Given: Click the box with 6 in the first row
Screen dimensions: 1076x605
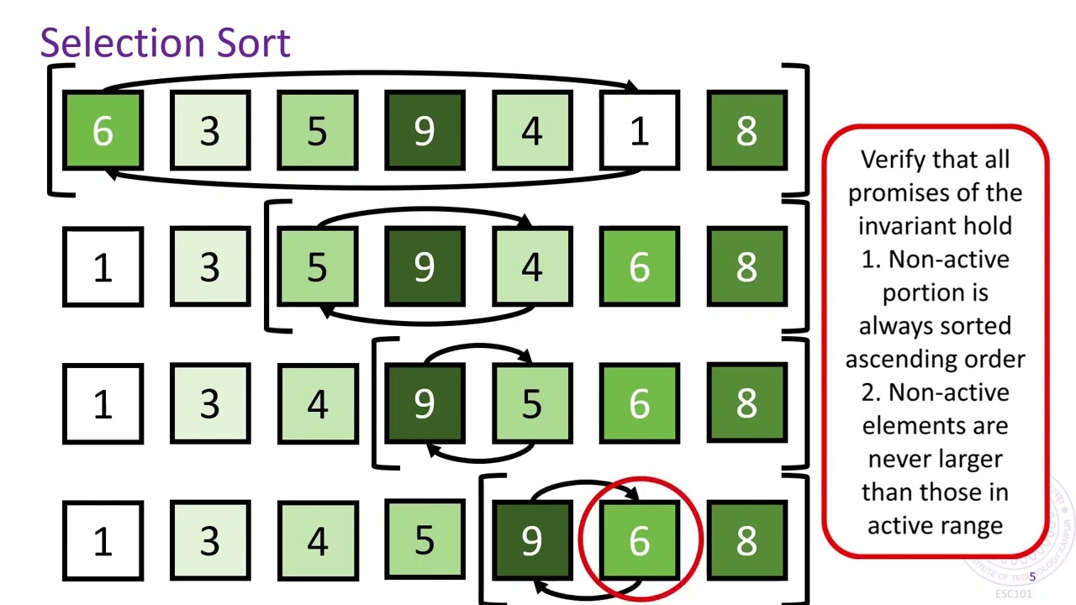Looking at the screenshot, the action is click(x=103, y=131).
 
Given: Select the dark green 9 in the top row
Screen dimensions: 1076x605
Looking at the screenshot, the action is click(x=425, y=131).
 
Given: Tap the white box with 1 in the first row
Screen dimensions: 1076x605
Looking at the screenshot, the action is click(x=639, y=131).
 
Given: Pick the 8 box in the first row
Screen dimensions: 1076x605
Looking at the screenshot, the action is click(x=746, y=131).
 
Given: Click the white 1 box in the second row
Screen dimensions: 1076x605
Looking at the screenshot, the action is click(x=103, y=267).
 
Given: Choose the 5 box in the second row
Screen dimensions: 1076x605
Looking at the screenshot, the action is click(x=317, y=267).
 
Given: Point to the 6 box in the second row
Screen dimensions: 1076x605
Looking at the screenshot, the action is click(x=639, y=267).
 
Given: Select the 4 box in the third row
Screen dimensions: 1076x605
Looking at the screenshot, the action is click(x=317, y=404).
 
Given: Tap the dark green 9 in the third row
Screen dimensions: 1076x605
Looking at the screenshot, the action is click(x=425, y=404).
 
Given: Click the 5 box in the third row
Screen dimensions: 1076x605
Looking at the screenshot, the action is click(x=531, y=404).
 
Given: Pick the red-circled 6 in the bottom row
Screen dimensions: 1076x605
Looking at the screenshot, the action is click(x=639, y=540).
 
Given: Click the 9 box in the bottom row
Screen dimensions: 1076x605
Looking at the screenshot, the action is click(x=531, y=540).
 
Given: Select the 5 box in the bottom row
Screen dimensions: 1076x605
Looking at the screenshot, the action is click(x=425, y=540).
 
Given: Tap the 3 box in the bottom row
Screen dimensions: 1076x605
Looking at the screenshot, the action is click(x=210, y=540).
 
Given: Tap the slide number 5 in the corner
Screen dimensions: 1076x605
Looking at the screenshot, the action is click(x=1032, y=577).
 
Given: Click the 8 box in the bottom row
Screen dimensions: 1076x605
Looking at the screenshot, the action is click(x=746, y=540).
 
